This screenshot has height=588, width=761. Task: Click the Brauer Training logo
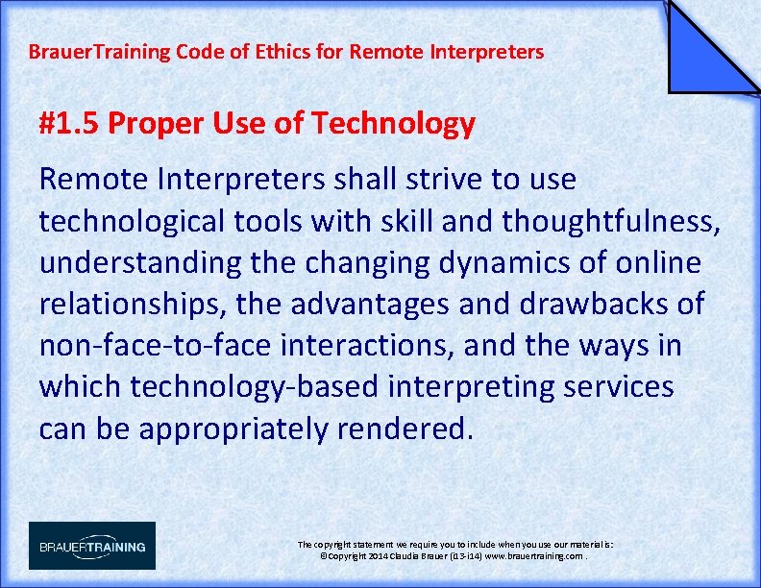coord(91,546)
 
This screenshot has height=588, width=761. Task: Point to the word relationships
coord(129,305)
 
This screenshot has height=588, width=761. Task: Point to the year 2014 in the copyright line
coord(377,556)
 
